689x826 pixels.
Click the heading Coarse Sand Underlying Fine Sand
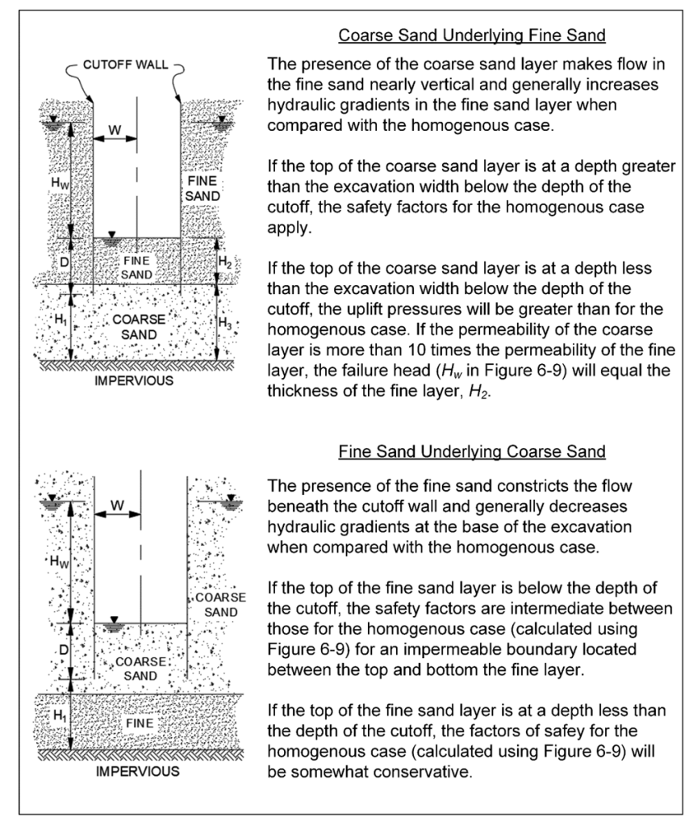(x=471, y=36)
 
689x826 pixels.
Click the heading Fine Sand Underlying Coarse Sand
(x=471, y=451)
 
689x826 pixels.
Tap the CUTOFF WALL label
(x=126, y=65)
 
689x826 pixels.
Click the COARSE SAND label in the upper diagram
(x=139, y=326)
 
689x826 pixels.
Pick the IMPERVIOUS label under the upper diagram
(x=134, y=379)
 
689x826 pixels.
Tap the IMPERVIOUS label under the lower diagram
(x=137, y=771)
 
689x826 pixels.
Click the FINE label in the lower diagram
(x=140, y=723)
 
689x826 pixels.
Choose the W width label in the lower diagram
(x=117, y=505)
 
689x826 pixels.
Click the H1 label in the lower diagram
(x=59, y=715)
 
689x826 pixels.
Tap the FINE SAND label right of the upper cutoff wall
(x=200, y=188)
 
